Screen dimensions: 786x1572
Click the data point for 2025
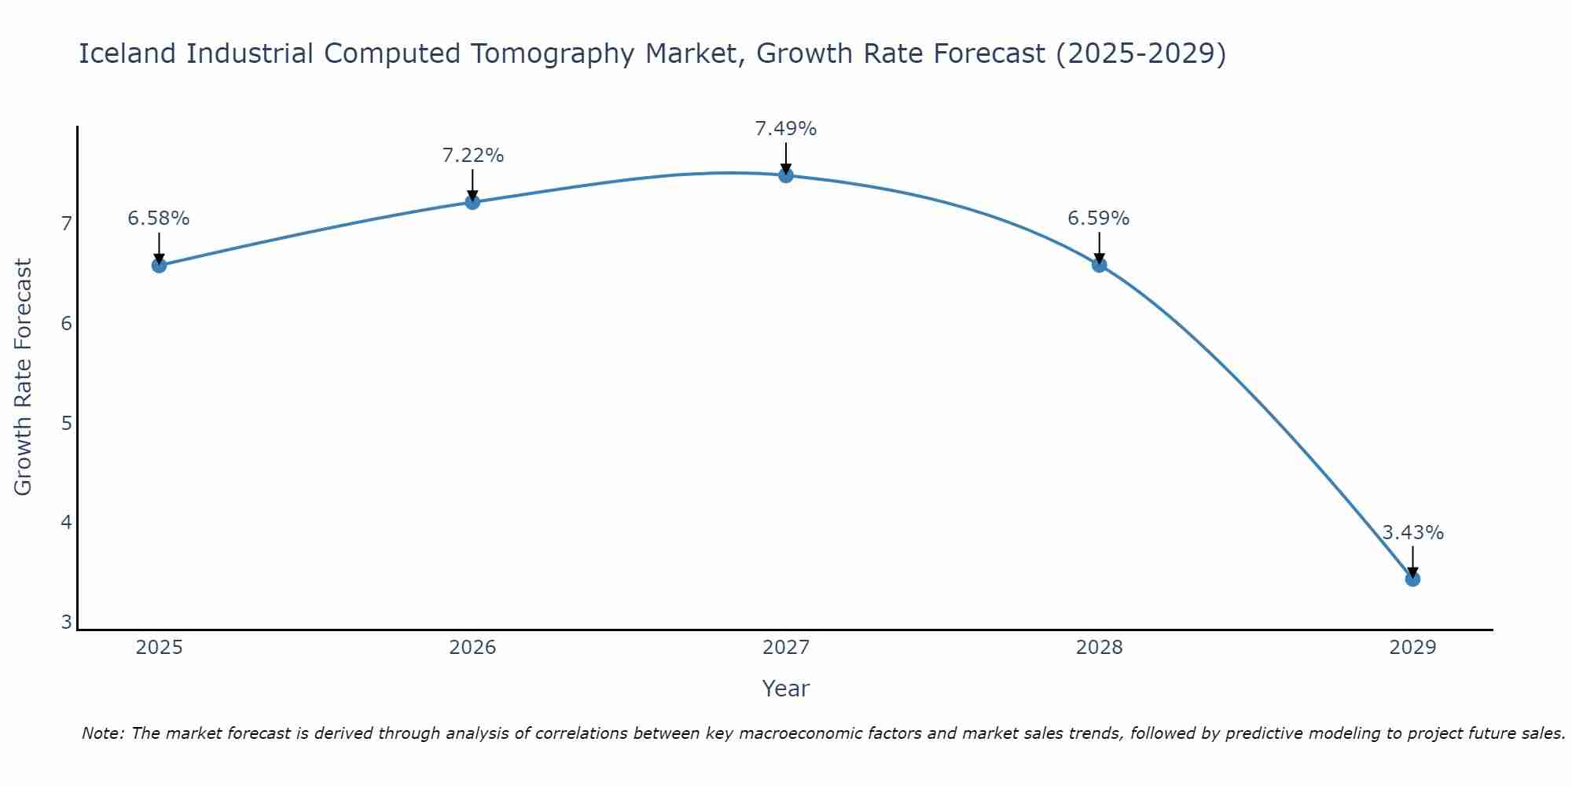click(159, 266)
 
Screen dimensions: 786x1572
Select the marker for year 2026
click(472, 202)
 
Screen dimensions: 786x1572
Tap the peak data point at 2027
click(786, 175)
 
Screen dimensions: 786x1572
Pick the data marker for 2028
click(1099, 265)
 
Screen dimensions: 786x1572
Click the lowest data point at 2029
click(1412, 579)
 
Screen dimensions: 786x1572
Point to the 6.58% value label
click(159, 219)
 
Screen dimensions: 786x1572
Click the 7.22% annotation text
click(472, 156)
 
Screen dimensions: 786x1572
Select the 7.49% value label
click(786, 129)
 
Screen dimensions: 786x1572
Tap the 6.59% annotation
click(1098, 219)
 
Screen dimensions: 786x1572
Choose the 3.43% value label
click(1412, 533)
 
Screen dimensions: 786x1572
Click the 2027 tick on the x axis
click(786, 648)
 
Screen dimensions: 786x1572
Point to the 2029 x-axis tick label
click(1412, 648)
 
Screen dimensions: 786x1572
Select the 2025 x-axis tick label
click(159, 648)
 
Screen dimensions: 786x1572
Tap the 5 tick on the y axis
click(66, 424)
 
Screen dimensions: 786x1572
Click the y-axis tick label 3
click(66, 623)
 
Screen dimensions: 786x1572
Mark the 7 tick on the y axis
click(66, 224)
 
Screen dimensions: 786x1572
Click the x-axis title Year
click(786, 689)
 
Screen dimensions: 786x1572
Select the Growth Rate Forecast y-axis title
click(24, 377)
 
